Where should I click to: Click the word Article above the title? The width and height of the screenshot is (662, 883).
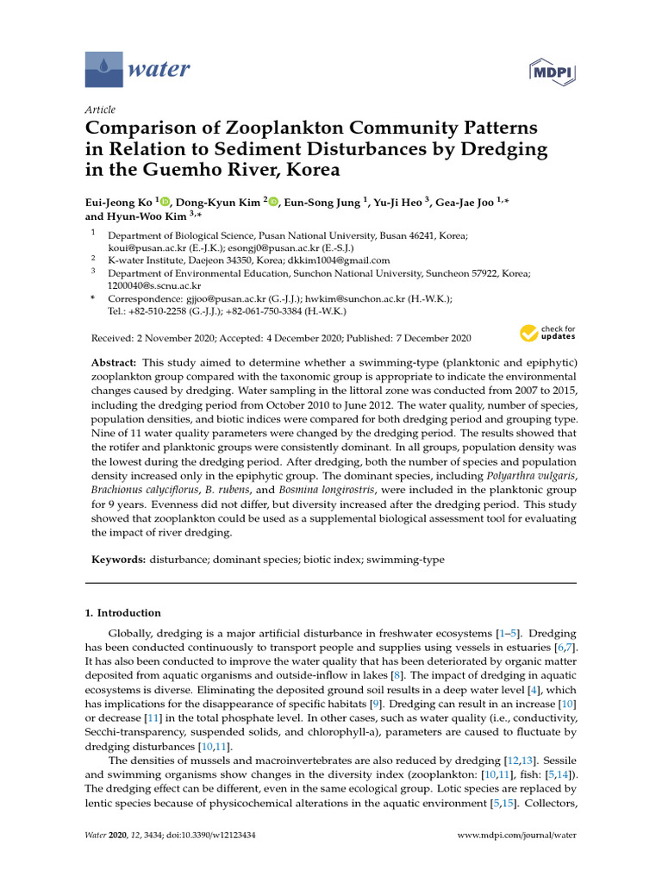pos(100,110)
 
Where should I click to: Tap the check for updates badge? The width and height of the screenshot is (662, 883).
pos(546,334)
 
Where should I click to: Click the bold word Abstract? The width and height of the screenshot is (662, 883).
pos(114,360)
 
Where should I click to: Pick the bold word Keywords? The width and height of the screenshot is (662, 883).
pos(119,560)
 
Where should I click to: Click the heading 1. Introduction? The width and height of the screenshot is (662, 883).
pos(122,613)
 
